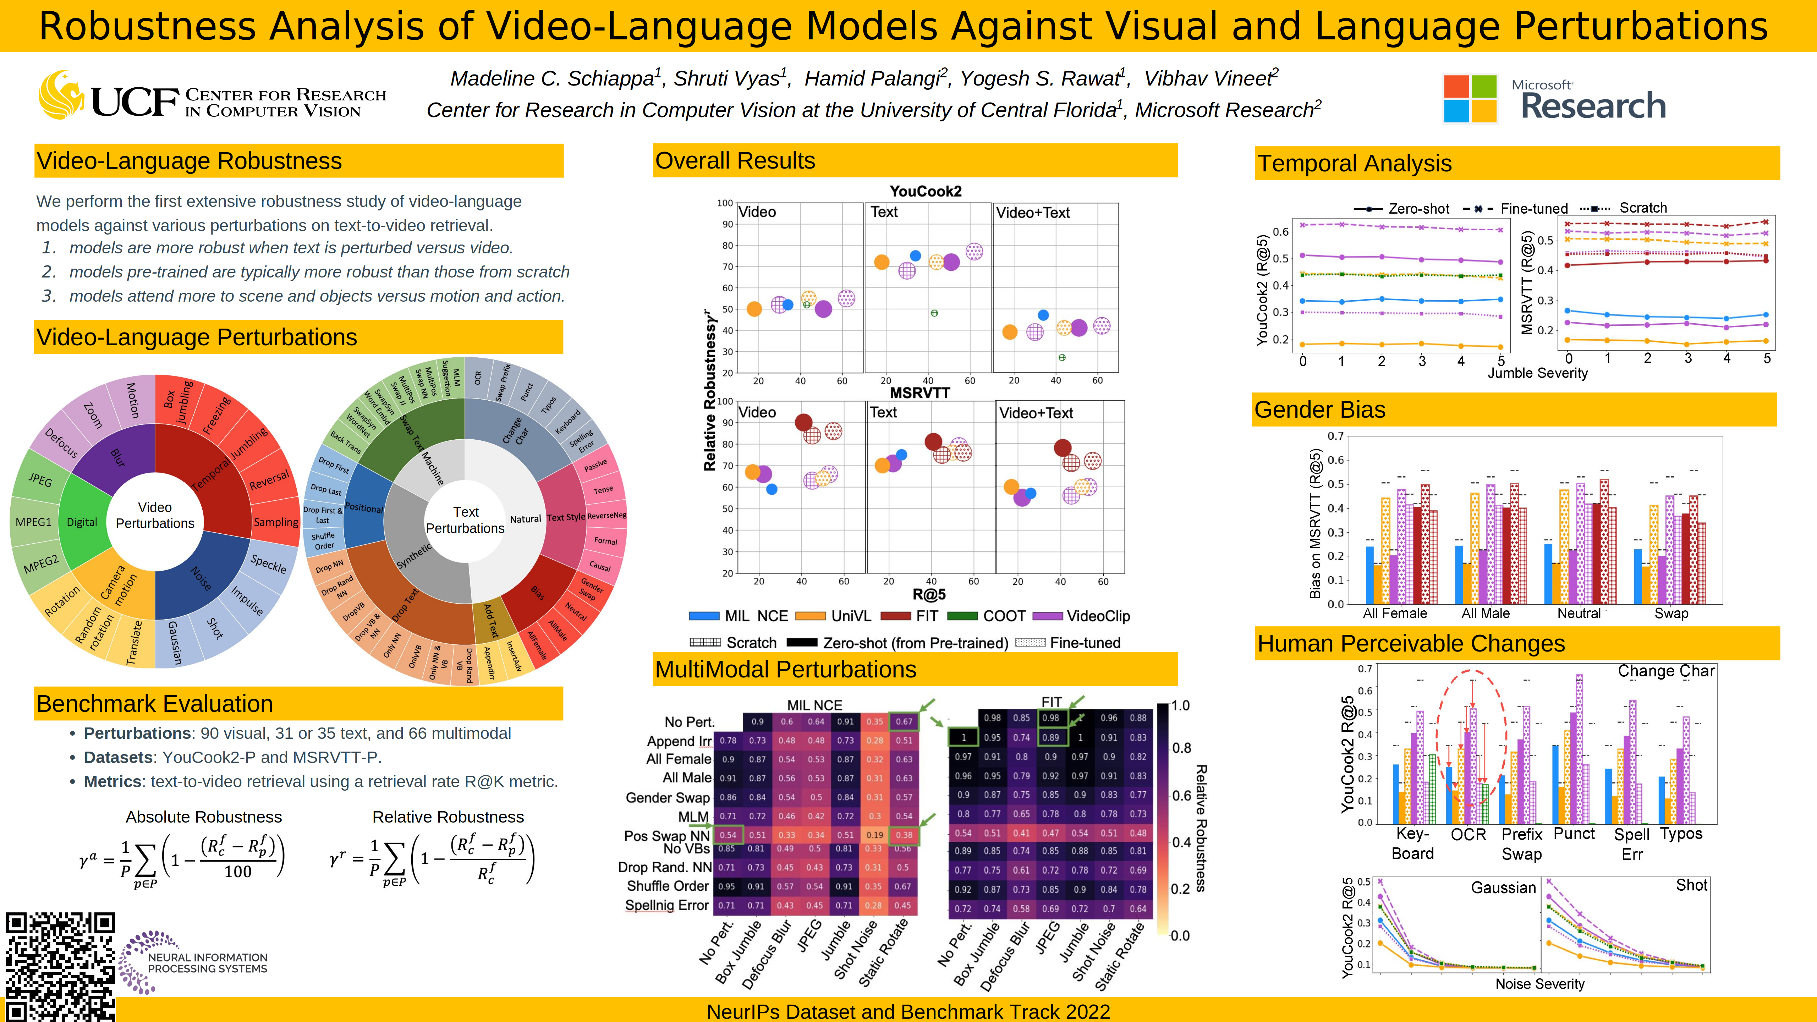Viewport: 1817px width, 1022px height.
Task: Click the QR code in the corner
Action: coord(60,966)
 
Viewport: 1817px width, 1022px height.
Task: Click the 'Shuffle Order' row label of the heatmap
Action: coord(667,886)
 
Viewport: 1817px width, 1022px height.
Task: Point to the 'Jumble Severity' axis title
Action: coord(1538,373)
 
